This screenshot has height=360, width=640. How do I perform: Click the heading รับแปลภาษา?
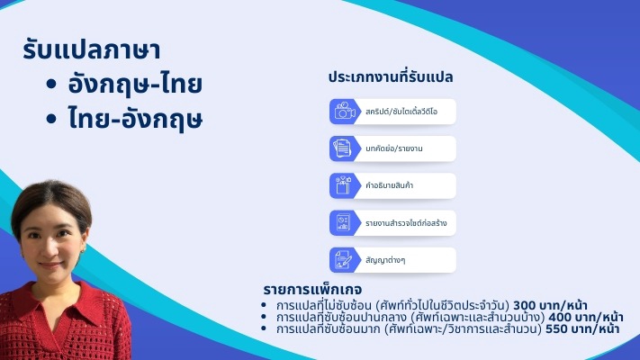click(x=98, y=51)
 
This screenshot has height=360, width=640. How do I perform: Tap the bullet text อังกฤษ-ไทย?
click(x=135, y=85)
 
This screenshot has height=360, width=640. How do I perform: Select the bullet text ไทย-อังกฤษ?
click(x=135, y=119)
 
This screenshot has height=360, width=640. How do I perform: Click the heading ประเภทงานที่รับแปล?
click(x=390, y=77)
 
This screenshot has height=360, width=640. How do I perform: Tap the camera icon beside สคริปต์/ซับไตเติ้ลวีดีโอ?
click(x=344, y=112)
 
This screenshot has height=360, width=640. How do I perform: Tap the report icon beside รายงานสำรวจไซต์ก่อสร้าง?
click(x=344, y=222)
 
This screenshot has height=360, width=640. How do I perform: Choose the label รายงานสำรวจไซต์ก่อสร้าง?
click(x=406, y=222)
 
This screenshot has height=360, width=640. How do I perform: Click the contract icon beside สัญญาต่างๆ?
click(x=344, y=259)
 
